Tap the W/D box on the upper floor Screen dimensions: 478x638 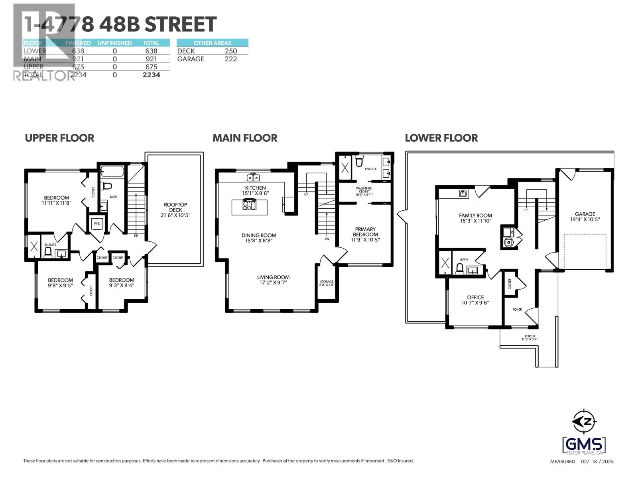point(97,224)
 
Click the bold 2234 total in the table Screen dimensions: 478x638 point(152,75)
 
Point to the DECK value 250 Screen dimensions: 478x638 point(230,51)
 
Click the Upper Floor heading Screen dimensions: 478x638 point(59,138)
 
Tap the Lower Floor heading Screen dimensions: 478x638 point(441,138)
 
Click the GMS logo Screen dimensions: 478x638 point(584,444)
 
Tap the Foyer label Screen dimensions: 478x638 point(517,310)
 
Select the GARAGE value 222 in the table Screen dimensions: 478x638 point(230,59)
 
